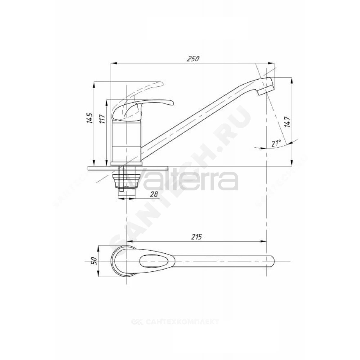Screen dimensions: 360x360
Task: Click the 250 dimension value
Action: point(193,59)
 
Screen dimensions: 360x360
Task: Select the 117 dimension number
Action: point(102,118)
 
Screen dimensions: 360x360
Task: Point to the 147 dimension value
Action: point(287,122)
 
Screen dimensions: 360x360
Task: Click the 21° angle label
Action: point(276,143)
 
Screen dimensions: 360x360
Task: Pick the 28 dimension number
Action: point(154,194)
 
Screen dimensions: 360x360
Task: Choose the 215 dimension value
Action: point(197,237)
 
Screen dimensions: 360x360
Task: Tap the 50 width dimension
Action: point(94,261)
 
